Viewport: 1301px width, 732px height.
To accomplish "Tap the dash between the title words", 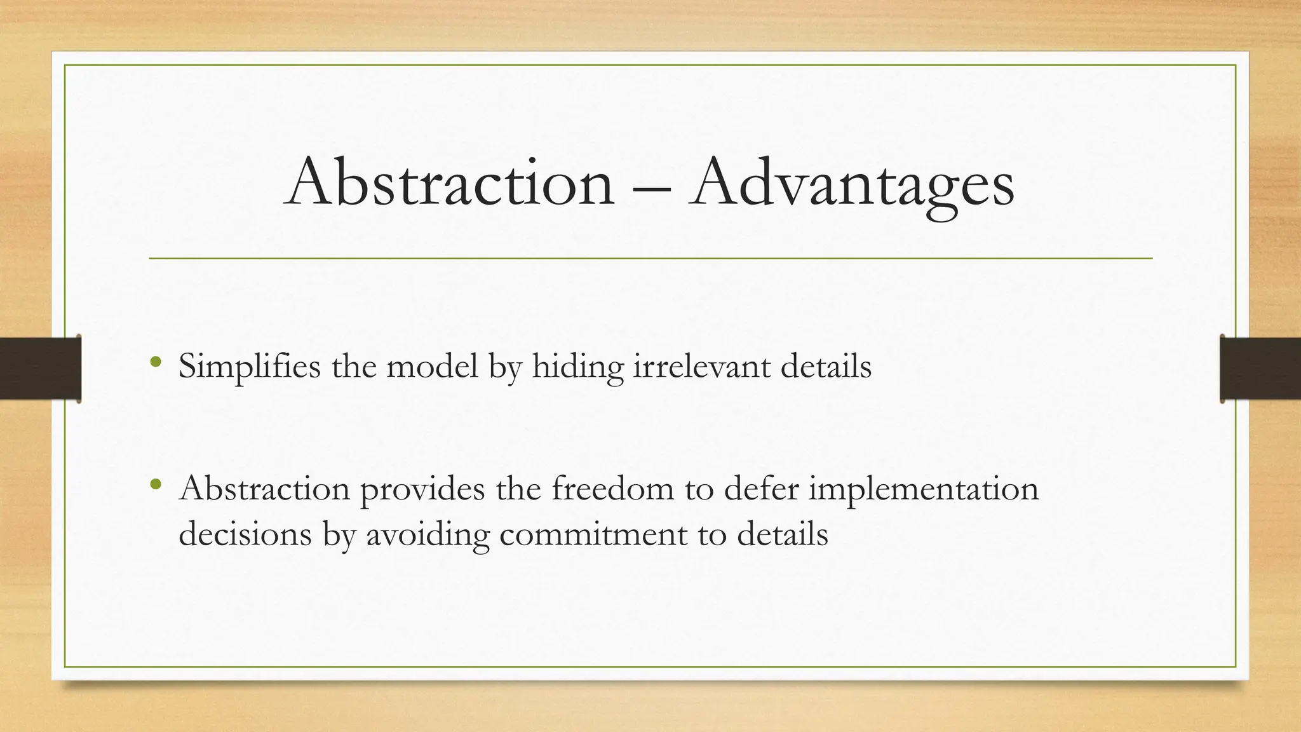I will [652, 188].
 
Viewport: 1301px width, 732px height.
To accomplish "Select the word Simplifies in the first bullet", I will [249, 367].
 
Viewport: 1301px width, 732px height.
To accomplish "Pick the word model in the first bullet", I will [432, 367].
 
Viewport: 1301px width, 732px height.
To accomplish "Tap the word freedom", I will [612, 489].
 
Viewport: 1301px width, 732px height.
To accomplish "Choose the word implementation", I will [923, 489].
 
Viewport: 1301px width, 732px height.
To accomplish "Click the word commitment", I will [593, 534].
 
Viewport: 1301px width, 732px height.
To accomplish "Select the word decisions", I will [245, 534].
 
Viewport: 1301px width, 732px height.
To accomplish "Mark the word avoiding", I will [428, 534].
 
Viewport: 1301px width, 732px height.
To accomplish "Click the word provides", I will [422, 490].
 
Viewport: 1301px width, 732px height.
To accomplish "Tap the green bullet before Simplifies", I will [156, 363].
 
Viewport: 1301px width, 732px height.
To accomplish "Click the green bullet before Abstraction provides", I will [156, 485].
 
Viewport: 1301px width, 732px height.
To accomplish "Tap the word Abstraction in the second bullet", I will [264, 489].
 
